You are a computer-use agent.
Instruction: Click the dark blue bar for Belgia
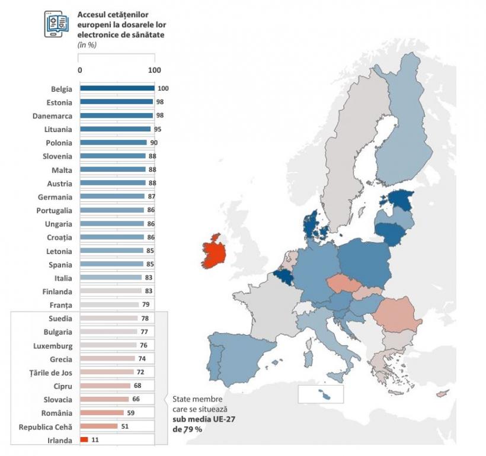(x=117, y=88)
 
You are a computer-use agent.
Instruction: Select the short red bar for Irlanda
(x=84, y=439)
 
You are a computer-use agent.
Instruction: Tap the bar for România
(x=101, y=413)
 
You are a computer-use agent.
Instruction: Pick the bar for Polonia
(x=113, y=143)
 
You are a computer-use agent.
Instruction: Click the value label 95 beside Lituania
(x=158, y=129)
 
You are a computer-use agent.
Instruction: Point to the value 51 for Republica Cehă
(x=124, y=426)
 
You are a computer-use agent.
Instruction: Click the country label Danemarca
(x=52, y=116)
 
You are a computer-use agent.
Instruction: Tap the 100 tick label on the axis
(x=154, y=70)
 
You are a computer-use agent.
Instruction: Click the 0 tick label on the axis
(x=80, y=70)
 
